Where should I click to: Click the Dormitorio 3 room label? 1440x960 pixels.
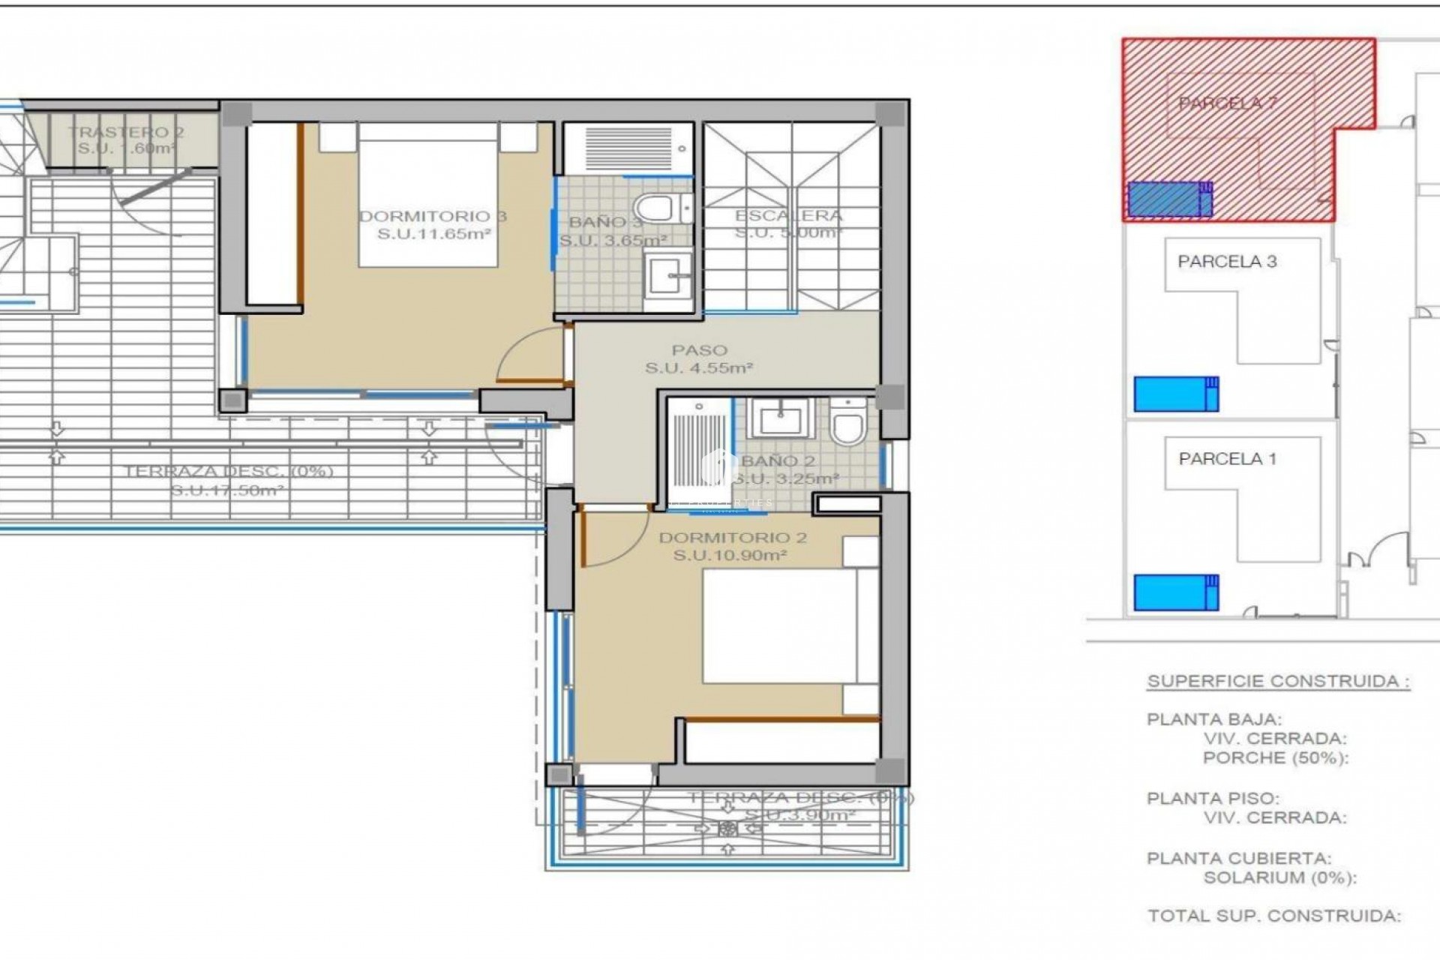433,217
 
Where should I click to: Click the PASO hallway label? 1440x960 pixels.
699,350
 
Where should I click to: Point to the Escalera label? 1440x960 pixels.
788,216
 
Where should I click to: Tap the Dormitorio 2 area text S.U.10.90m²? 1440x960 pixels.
729,556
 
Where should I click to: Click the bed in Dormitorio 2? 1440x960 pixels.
780,626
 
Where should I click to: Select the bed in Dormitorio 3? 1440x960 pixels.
428,195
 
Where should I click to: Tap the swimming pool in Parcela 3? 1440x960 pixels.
1176,394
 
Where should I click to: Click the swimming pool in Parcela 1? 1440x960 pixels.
1176,592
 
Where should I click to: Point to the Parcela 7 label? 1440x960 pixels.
1227,103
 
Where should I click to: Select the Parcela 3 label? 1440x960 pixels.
1227,262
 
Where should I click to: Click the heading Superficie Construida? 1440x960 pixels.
1278,682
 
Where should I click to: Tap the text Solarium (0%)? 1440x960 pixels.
1279,877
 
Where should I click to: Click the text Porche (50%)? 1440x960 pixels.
1275,757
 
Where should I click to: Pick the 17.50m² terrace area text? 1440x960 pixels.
227,491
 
